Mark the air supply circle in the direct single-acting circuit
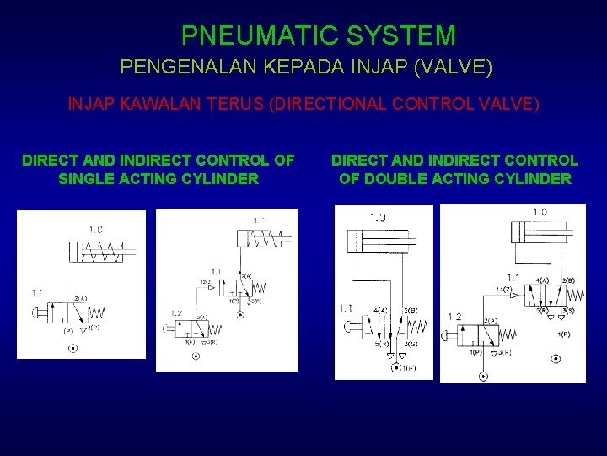coord(73,348)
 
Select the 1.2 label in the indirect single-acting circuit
coord(176,313)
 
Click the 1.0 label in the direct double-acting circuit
coord(377,218)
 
